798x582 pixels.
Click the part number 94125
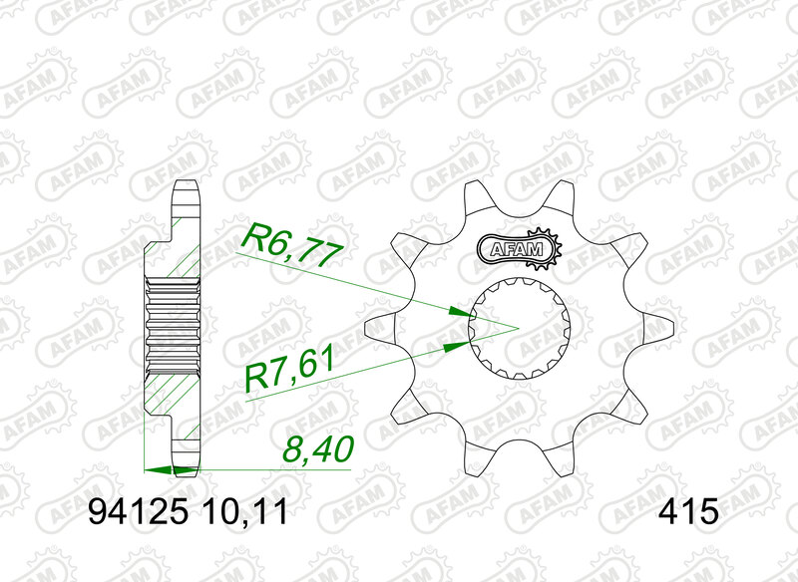click(134, 513)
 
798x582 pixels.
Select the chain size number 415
click(687, 513)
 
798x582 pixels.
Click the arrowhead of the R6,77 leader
click(460, 311)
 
